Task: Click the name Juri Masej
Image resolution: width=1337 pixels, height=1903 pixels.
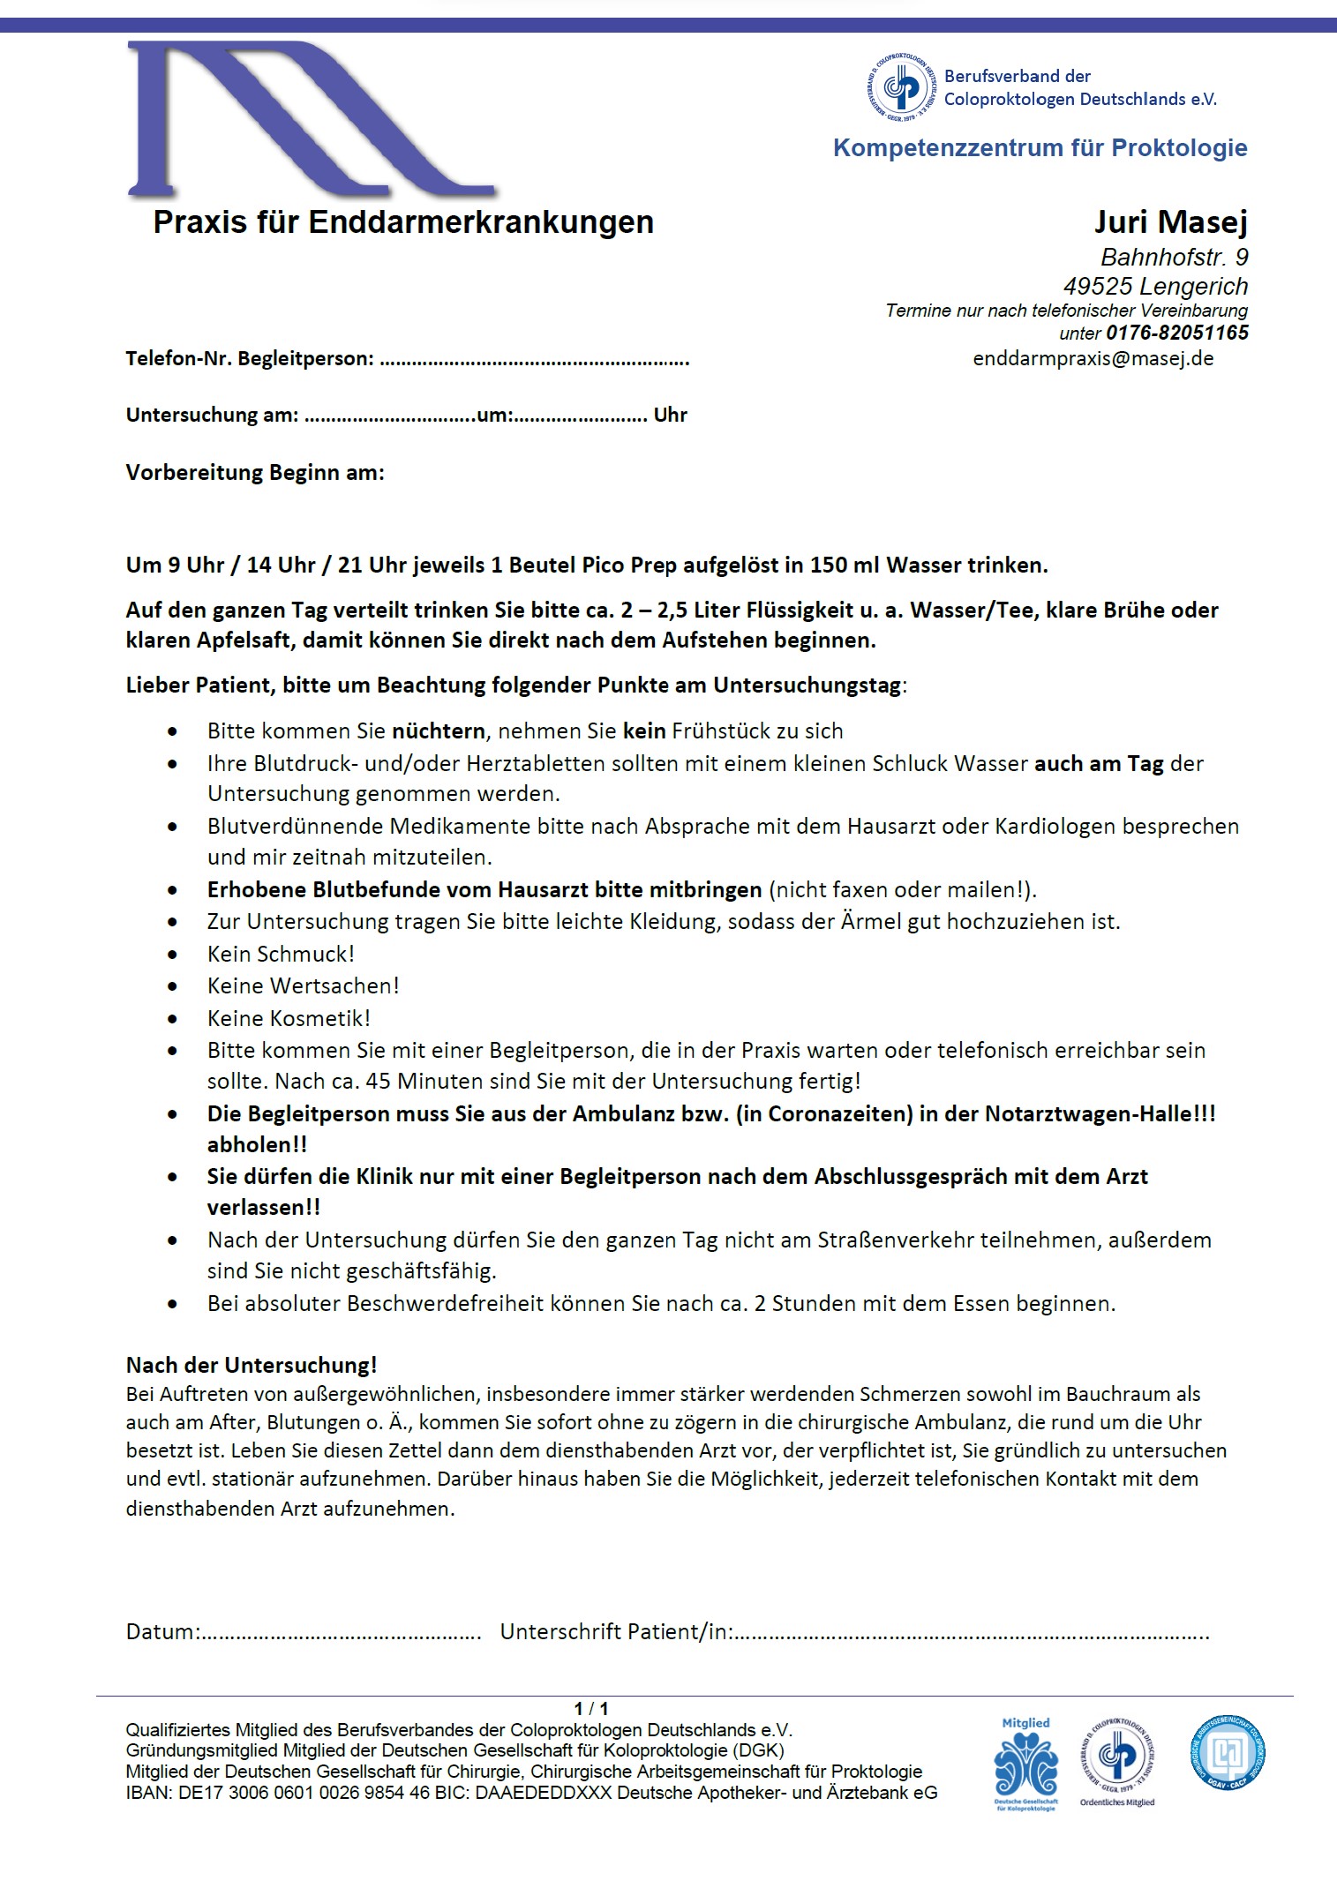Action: [x=1170, y=221]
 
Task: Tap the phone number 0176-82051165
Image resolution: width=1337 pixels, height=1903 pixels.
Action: [x=1176, y=333]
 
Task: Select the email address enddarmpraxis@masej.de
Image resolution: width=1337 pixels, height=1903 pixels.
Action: [x=1093, y=359]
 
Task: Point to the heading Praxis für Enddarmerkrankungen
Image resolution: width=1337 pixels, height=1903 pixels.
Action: [x=403, y=222]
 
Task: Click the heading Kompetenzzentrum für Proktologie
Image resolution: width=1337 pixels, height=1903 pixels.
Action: [x=1040, y=148]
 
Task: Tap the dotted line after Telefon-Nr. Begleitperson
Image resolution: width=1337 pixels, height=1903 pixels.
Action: [x=535, y=360]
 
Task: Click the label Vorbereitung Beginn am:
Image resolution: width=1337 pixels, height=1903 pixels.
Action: [x=255, y=473]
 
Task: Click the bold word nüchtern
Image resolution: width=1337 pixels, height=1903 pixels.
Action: [x=438, y=731]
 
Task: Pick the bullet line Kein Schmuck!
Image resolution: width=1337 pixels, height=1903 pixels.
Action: [x=281, y=955]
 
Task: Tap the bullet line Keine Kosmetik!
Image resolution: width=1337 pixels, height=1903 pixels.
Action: [x=289, y=1019]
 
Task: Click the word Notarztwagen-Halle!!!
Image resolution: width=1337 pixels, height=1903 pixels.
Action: [x=1100, y=1114]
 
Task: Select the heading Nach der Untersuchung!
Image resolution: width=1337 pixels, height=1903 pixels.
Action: [x=252, y=1366]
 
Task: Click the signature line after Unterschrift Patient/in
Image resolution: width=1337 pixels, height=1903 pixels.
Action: [x=971, y=1633]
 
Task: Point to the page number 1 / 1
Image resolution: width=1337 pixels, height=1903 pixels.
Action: [x=591, y=1709]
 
